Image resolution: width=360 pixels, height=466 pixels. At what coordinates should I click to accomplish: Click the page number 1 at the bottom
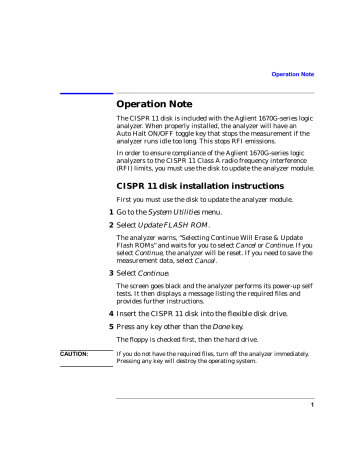340,432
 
